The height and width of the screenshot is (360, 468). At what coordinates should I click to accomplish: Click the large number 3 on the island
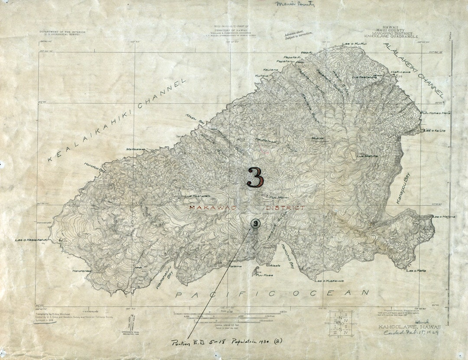pyautogui.click(x=255, y=177)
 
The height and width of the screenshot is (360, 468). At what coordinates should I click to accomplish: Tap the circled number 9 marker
pyautogui.click(x=255, y=224)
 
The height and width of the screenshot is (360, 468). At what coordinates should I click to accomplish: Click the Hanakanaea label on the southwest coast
pyautogui.click(x=81, y=271)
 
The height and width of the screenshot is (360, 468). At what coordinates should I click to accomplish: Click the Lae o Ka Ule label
pyautogui.click(x=434, y=130)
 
